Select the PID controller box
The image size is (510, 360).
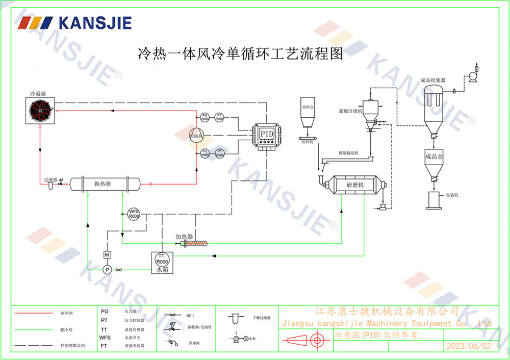click(x=267, y=134)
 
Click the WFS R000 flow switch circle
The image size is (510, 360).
click(x=134, y=214)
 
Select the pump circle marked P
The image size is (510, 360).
click(x=107, y=269)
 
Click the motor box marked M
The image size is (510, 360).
click(x=107, y=254)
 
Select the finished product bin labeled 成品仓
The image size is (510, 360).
click(x=432, y=162)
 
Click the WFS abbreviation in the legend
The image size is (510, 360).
click(x=105, y=338)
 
